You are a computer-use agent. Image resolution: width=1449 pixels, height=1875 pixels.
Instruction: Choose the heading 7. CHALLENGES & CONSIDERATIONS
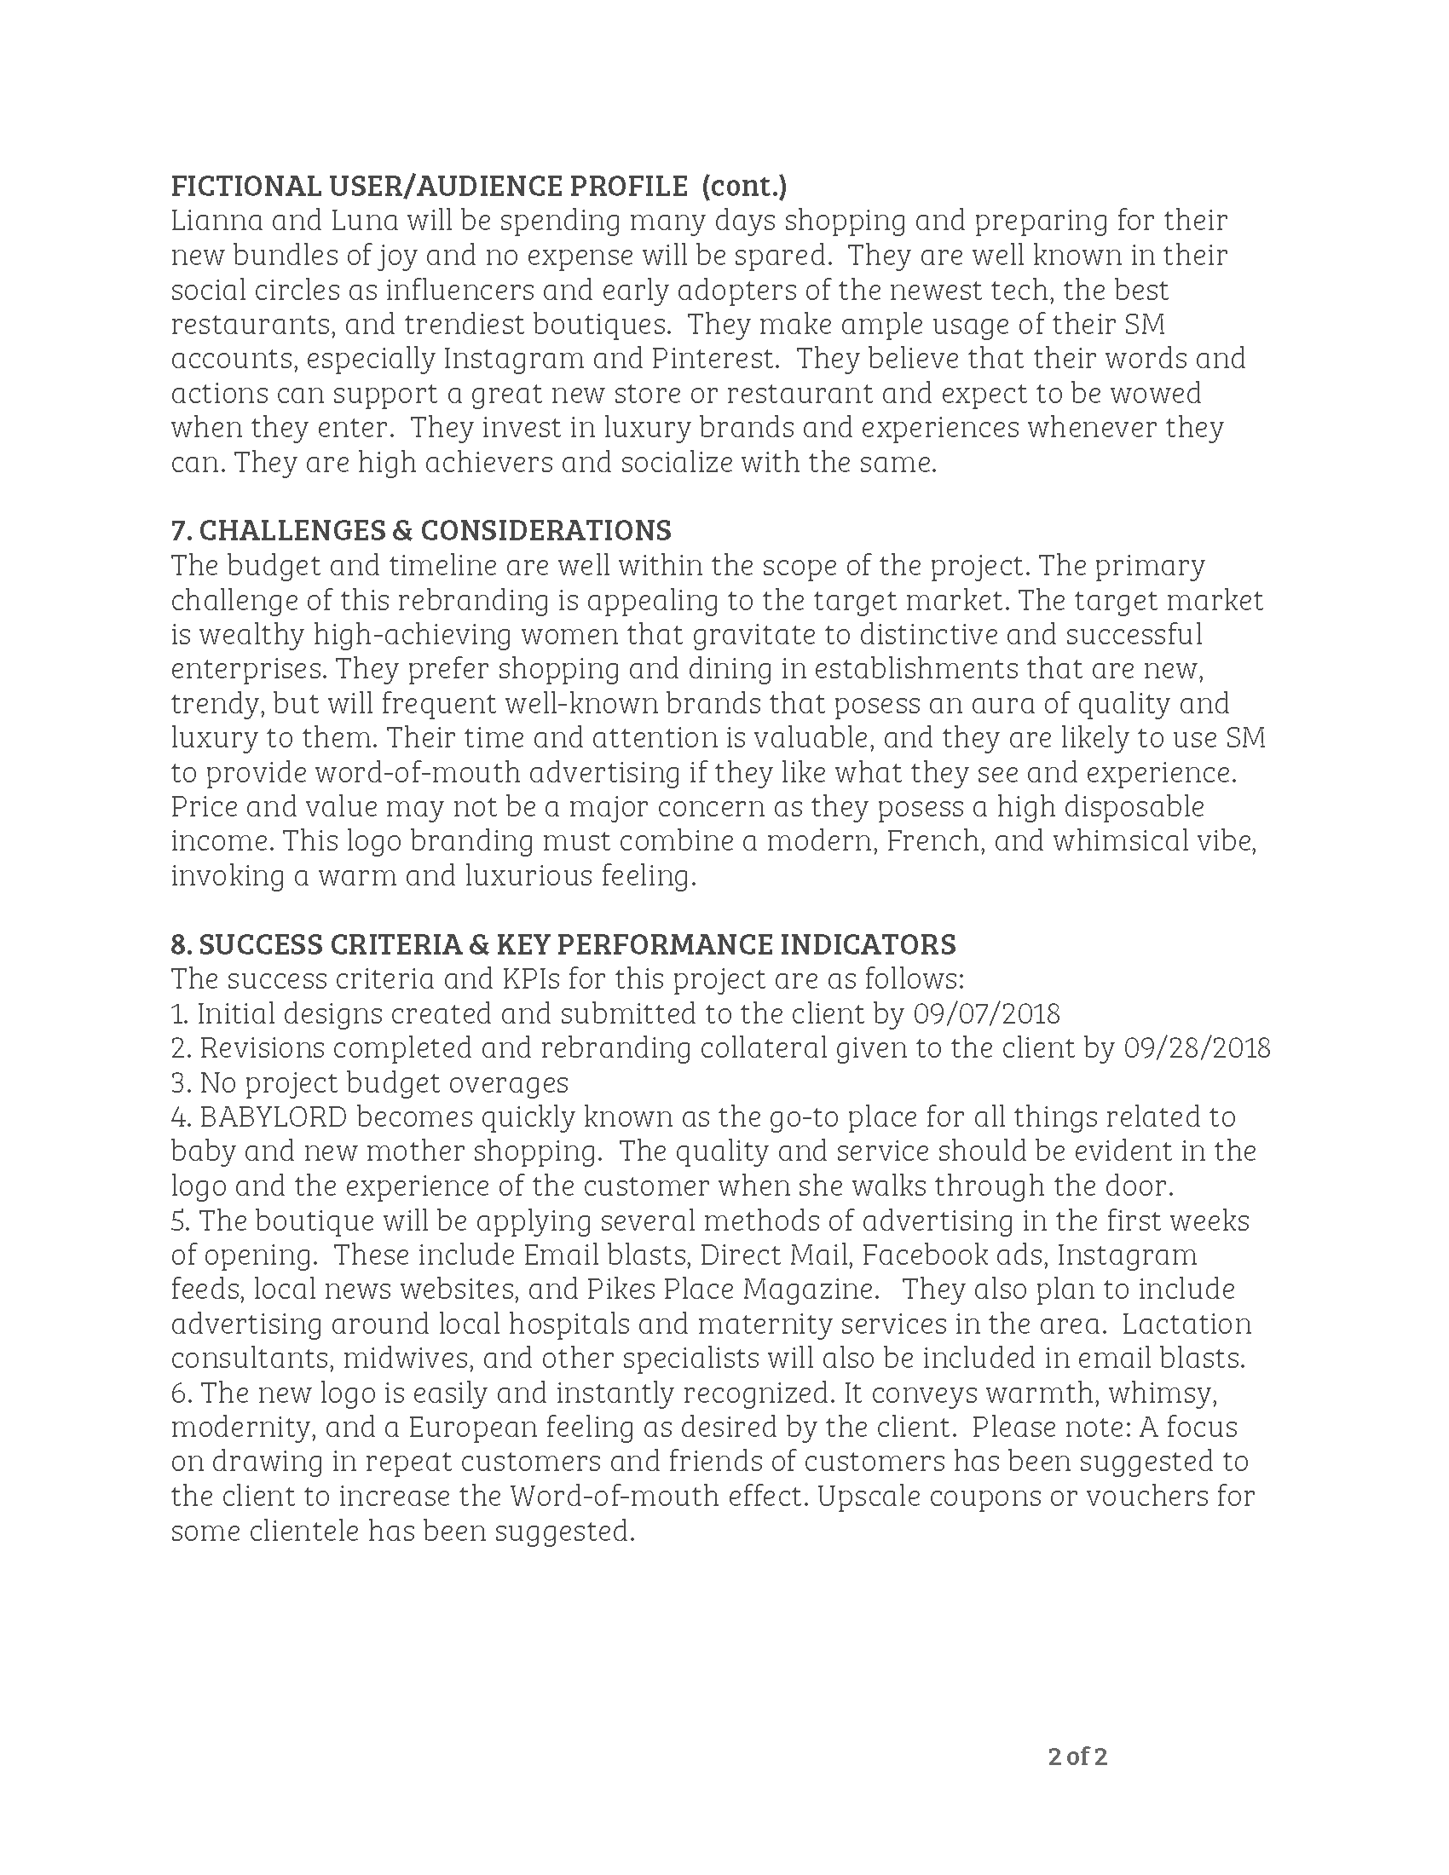pyautogui.click(x=420, y=532)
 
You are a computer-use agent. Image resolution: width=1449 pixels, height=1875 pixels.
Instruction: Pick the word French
pyautogui.click(x=933, y=841)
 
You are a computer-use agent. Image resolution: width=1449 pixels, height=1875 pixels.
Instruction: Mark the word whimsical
pyautogui.click(x=1119, y=841)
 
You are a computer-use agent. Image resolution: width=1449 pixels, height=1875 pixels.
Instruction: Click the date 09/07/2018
pyautogui.click(x=986, y=1015)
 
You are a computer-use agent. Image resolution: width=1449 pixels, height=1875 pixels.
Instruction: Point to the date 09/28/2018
pyautogui.click(x=1197, y=1049)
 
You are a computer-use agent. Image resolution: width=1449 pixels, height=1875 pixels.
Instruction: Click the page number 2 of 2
pyautogui.click(x=1077, y=1757)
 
